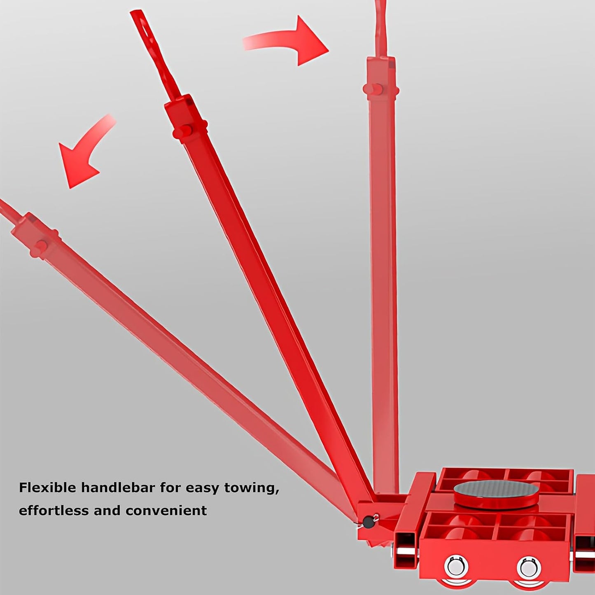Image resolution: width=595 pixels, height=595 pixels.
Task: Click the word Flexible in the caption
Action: (47, 488)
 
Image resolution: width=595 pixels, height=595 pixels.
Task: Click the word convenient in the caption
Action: (166, 511)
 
